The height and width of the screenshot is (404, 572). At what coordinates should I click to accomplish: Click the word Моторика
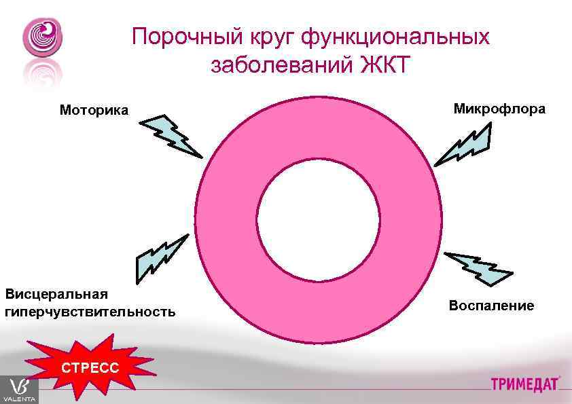[x=93, y=110]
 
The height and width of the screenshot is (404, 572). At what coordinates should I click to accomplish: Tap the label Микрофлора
[x=499, y=109]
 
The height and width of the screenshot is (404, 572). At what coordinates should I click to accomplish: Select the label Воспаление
[x=491, y=306]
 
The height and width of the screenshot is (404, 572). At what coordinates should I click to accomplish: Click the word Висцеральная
[x=57, y=294]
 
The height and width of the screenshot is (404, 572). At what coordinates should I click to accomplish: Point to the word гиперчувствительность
[x=90, y=312]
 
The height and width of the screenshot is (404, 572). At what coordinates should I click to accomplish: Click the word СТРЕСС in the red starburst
[x=90, y=368]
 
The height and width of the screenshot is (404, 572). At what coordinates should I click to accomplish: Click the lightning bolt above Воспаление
[x=478, y=268]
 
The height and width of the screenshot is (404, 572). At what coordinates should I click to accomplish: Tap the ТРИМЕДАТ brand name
[x=524, y=384]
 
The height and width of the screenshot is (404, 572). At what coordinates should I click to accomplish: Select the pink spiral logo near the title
[x=42, y=38]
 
